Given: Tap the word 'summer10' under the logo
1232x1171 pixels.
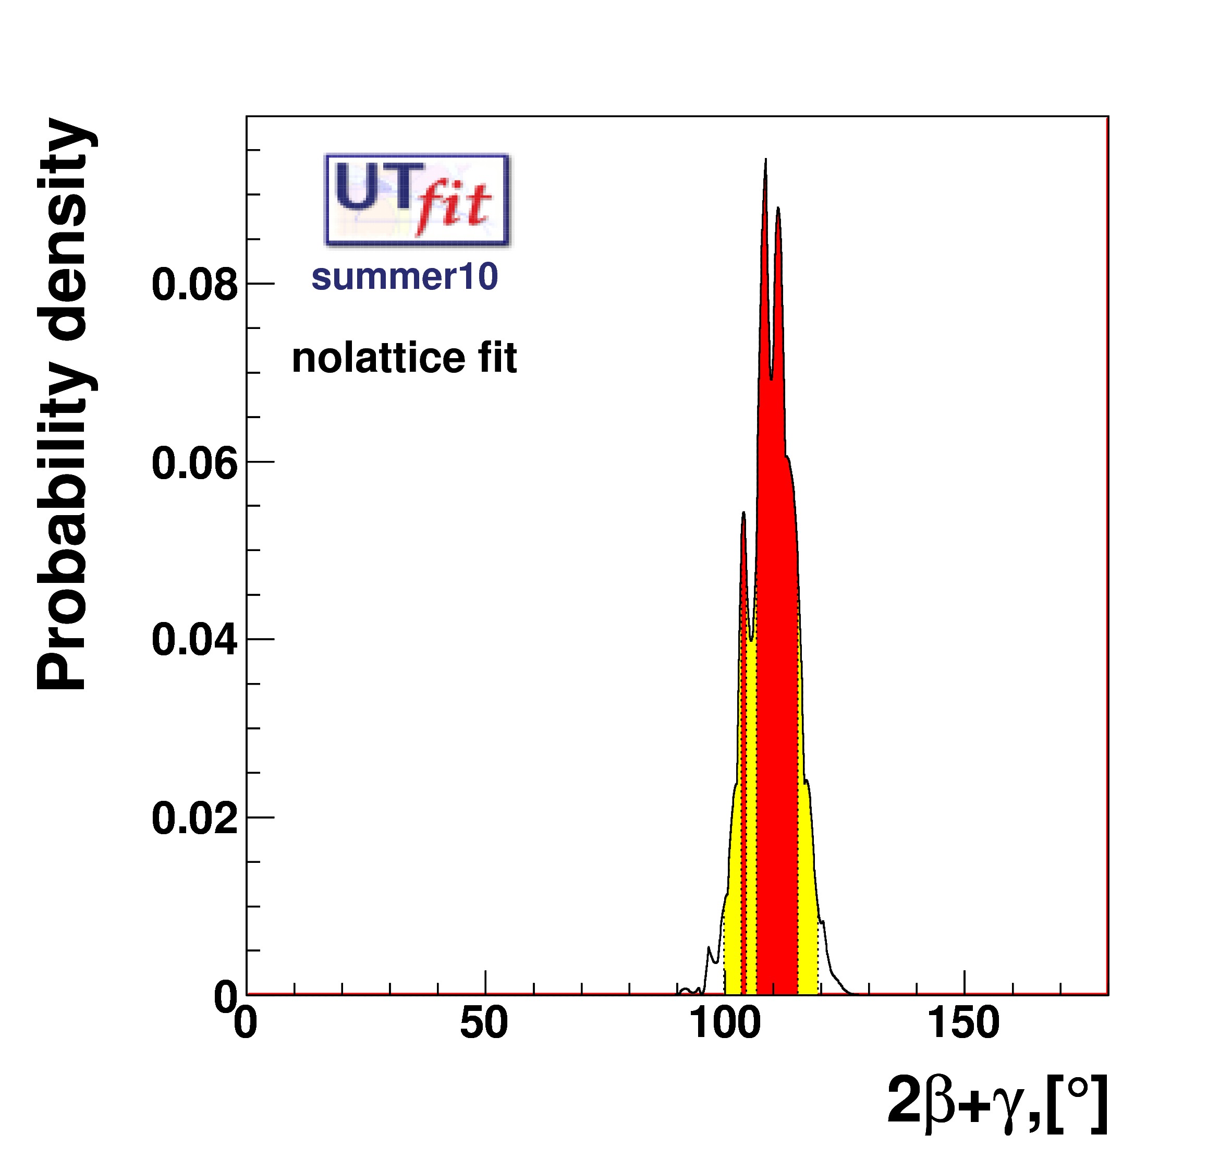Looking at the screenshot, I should (x=405, y=276).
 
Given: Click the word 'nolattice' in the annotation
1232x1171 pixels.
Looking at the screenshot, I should (x=378, y=358).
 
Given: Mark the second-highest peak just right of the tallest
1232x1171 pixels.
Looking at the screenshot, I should (x=778, y=210).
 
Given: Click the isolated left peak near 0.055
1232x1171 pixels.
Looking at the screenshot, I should (x=743, y=515).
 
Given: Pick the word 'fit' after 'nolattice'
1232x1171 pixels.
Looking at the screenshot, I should (x=497, y=358).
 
